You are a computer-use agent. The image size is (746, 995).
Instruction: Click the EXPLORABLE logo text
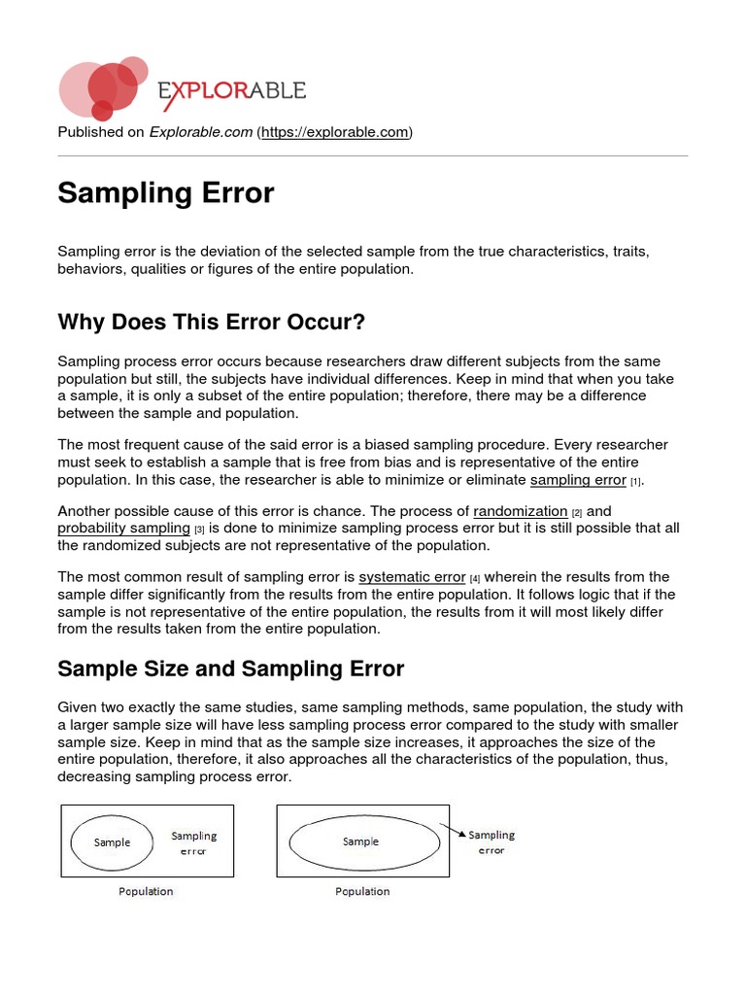[x=232, y=91]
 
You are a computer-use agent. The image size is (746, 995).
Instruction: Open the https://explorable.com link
[x=334, y=132]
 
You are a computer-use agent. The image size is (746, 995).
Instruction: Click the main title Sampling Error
[x=166, y=193]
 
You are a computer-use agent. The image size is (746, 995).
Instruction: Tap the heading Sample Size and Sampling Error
[x=231, y=669]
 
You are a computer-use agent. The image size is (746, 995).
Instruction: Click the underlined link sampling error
[x=578, y=480]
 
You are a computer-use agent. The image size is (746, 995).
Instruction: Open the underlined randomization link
[x=520, y=511]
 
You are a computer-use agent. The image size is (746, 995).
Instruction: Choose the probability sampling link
[x=123, y=528]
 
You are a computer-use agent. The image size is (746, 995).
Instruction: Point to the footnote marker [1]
[x=636, y=482]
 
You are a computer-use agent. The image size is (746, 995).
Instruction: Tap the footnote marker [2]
[x=577, y=513]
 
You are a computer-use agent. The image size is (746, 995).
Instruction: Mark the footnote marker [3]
[x=199, y=530]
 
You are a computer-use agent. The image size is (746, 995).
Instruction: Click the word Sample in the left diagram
[x=112, y=842]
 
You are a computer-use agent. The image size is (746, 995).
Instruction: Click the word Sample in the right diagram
[x=360, y=841]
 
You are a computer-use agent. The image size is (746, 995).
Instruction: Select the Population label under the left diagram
[x=146, y=891]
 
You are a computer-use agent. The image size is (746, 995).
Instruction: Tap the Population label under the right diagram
[x=362, y=891]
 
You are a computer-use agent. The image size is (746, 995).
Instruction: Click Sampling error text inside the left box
[x=194, y=842]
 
